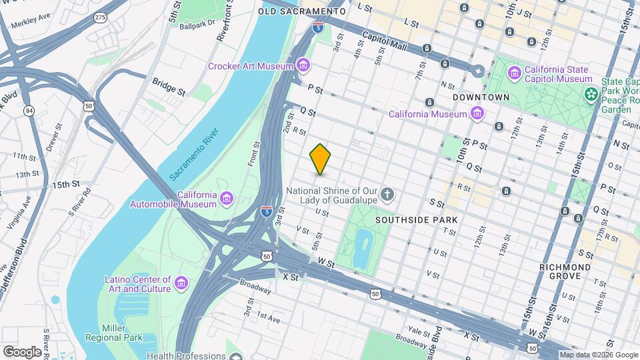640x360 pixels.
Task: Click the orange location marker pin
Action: (321, 159)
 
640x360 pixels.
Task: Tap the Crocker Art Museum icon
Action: (303, 65)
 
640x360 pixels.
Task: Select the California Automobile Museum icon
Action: (227, 199)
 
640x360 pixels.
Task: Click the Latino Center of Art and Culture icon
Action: (181, 284)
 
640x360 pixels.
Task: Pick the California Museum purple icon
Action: (477, 114)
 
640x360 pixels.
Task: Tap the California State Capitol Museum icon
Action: (515, 73)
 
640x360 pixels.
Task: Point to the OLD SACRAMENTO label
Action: (302, 11)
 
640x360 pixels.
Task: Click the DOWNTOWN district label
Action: (481, 97)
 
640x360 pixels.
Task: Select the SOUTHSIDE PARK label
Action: (416, 219)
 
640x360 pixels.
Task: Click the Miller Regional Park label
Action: (123, 333)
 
